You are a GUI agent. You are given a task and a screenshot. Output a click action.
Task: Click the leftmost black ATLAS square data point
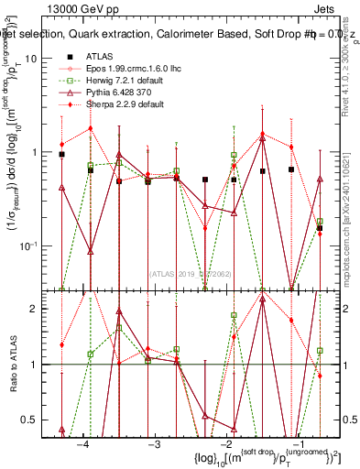point(61,155)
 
